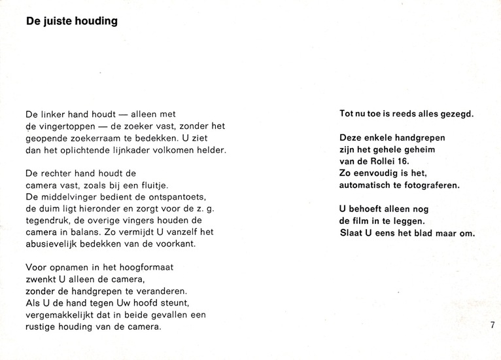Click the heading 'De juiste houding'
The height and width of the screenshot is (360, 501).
pos(72,22)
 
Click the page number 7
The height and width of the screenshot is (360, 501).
pos(491,325)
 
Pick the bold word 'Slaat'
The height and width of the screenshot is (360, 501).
pos(352,233)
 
